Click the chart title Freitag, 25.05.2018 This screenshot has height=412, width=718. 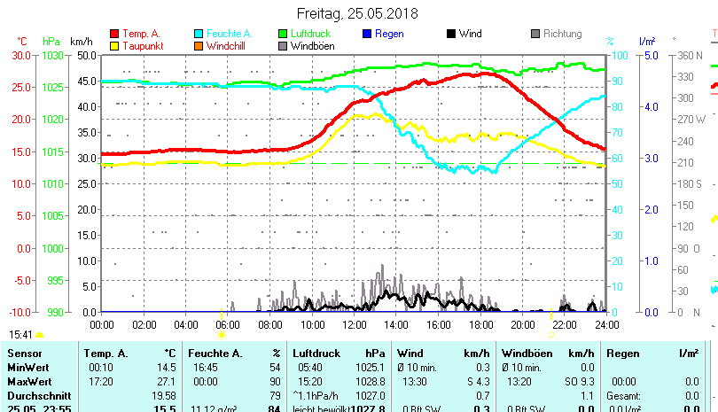click(x=357, y=13)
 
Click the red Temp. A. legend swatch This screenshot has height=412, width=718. click(x=114, y=34)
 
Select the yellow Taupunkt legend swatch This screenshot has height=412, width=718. click(x=114, y=45)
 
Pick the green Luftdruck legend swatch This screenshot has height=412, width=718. click(x=283, y=34)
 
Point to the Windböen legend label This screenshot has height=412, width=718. click(x=312, y=45)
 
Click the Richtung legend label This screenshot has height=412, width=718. click(x=562, y=34)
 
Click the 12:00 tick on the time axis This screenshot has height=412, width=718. click(x=354, y=324)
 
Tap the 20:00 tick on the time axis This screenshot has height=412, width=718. click(x=522, y=324)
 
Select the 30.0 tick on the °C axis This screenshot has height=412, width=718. click(x=22, y=55)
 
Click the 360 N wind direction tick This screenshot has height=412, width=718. click(x=691, y=55)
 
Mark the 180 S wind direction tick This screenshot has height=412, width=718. click(x=691, y=183)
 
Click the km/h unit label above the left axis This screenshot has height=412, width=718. click(x=81, y=41)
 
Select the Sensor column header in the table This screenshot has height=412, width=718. click(x=24, y=354)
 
